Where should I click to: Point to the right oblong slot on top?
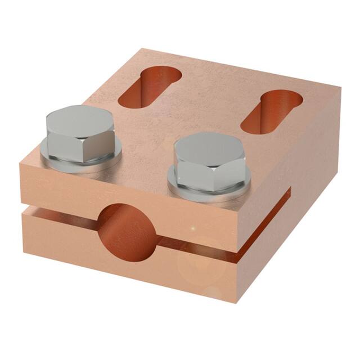[271, 111]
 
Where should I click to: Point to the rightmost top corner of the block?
[340, 87]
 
